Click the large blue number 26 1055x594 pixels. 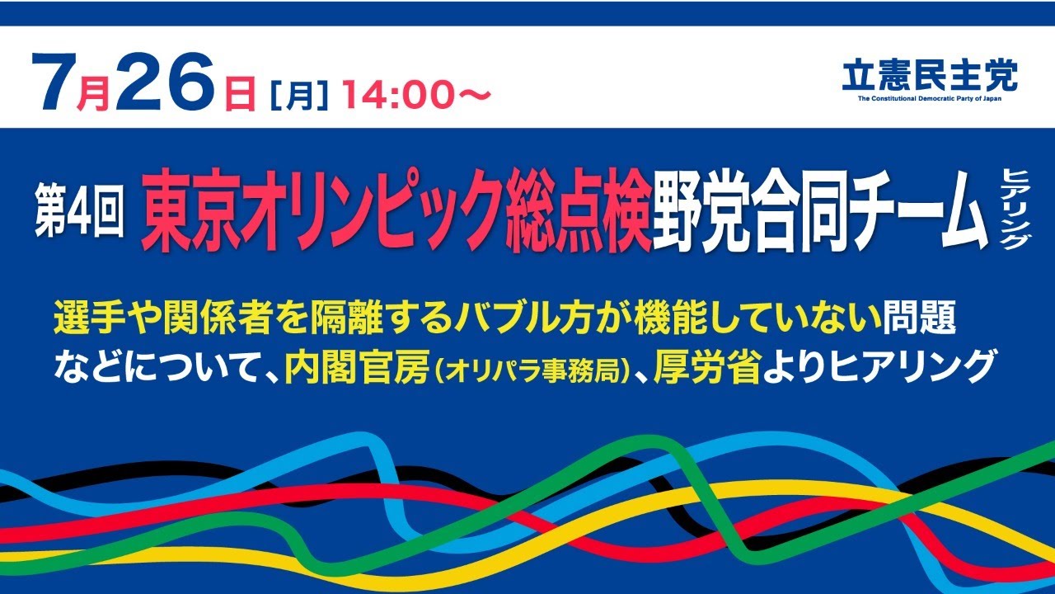[x=169, y=82]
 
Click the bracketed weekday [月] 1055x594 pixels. [x=300, y=94]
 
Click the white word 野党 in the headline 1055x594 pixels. [x=701, y=211]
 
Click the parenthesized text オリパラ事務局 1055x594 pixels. [x=532, y=368]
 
